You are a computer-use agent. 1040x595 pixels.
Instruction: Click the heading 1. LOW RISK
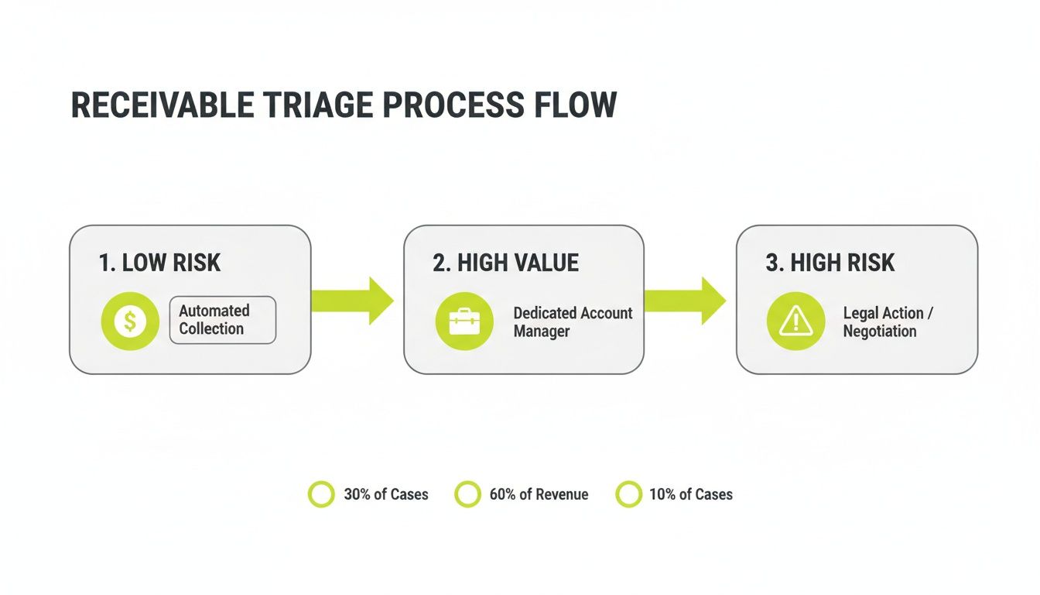coord(160,263)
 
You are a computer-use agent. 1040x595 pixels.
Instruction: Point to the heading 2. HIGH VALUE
coord(505,263)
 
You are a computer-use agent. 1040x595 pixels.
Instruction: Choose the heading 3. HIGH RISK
coord(830,263)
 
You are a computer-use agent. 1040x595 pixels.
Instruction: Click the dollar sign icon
coord(130,321)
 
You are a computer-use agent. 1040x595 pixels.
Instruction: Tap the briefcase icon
coord(464,321)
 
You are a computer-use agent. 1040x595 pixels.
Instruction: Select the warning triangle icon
coord(795,321)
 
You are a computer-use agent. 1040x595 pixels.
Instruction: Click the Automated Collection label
coord(222,320)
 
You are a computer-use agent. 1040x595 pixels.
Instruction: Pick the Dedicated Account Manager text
coord(573,322)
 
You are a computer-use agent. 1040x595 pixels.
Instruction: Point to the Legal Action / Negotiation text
coord(888,322)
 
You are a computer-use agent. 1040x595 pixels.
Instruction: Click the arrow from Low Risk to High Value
coord(353,301)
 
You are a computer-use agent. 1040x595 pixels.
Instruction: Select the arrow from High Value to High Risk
coord(686,301)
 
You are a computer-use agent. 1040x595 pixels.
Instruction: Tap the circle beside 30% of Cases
coord(321,494)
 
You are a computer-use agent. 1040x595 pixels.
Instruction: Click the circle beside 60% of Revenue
coord(467,494)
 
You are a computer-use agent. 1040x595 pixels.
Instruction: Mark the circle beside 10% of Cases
coord(628,494)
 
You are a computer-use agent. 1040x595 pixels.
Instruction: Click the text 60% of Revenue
coord(539,494)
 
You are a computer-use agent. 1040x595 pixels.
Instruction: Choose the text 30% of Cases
coord(385,494)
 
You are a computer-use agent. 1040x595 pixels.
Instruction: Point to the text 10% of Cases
coord(690,494)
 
